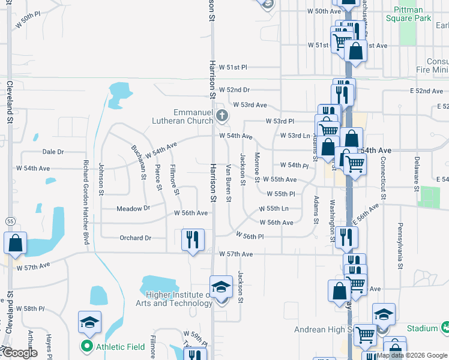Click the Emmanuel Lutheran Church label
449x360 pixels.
[x=193, y=116]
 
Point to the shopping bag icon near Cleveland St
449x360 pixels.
[x=15, y=243]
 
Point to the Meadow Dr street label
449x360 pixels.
[x=133, y=208]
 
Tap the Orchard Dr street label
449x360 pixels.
[x=135, y=238]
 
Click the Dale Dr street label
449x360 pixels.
[x=53, y=152]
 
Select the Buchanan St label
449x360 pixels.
[x=139, y=162]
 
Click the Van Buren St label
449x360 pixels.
[x=229, y=184]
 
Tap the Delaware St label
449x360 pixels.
[x=417, y=173]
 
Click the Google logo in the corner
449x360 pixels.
[x=20, y=353]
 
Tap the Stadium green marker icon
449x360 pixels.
[x=445, y=328]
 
